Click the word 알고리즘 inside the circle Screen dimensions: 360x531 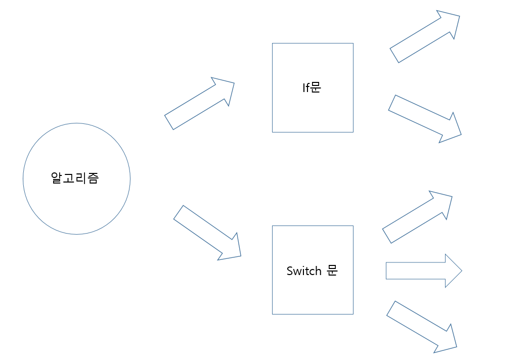(x=75, y=178)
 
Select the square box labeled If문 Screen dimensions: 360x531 (x=312, y=111)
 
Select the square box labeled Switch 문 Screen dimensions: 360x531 (x=312, y=293)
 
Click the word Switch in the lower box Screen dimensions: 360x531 (x=304, y=271)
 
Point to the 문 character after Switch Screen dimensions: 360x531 (x=332, y=271)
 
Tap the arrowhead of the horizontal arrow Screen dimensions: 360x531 (x=453, y=271)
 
